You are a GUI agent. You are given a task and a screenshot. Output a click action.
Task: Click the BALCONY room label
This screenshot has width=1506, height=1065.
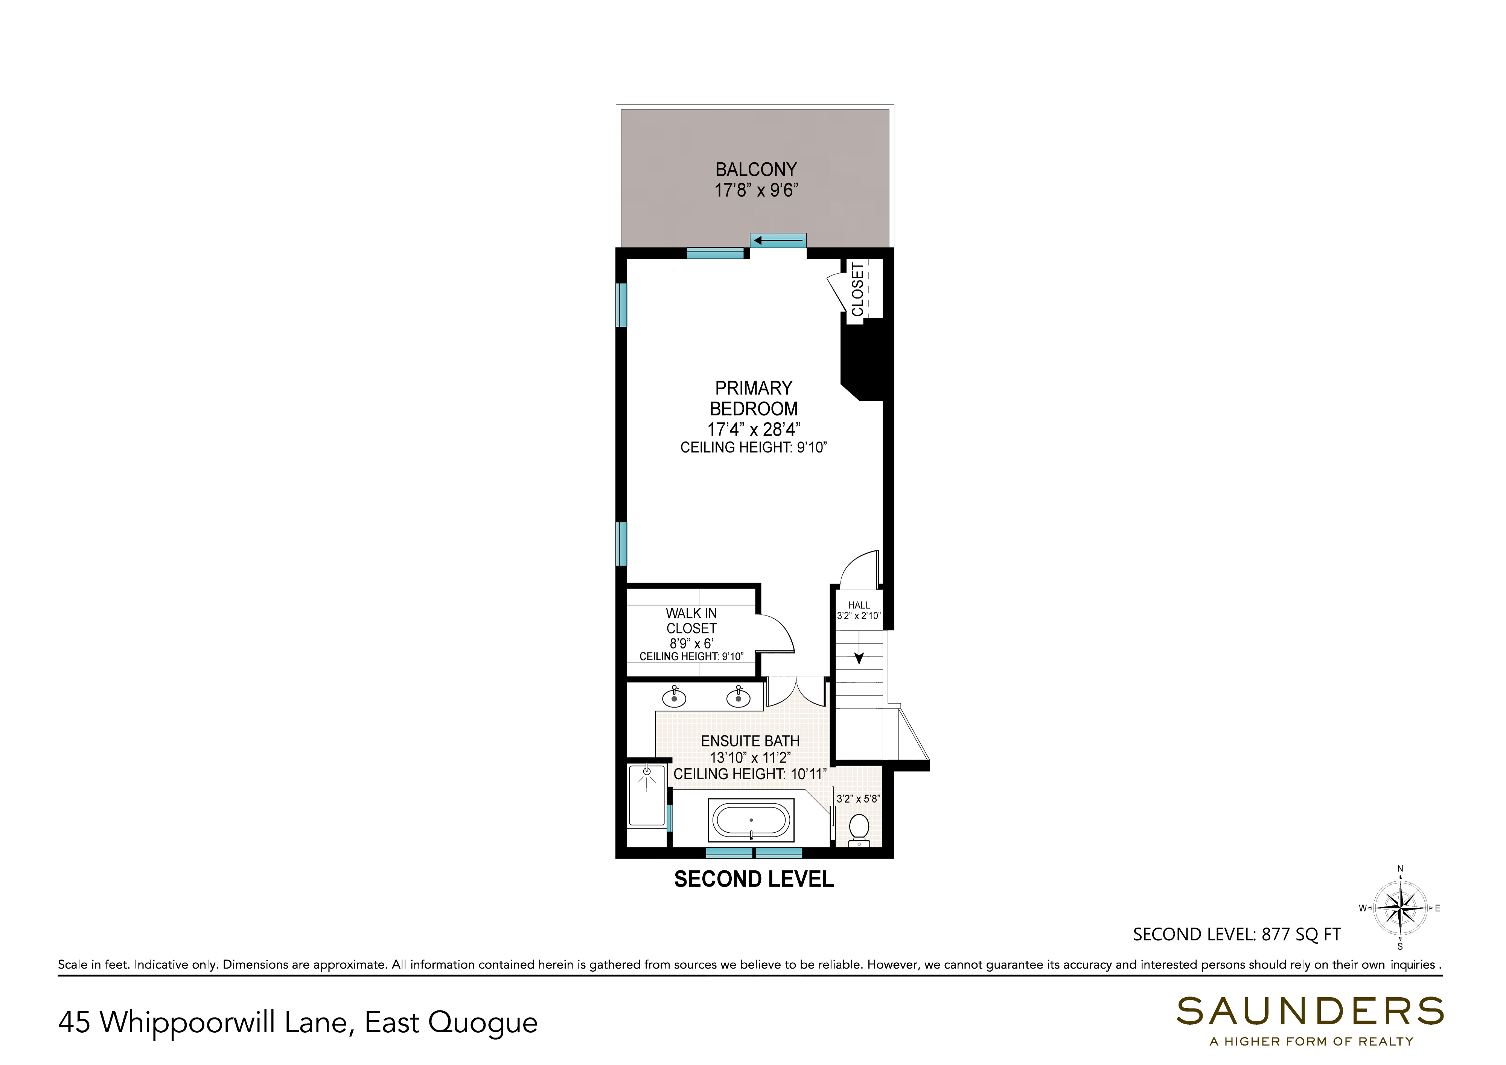pos(755,170)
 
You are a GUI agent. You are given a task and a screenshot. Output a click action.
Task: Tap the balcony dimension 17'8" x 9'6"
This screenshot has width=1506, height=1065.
pos(755,190)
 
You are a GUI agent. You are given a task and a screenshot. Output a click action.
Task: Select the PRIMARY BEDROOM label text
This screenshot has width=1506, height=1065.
pos(754,398)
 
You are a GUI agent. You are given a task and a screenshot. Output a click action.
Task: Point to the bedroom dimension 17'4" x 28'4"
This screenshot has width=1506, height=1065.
pos(754,429)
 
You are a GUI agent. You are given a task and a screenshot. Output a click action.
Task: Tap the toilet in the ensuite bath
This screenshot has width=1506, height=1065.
pos(859,829)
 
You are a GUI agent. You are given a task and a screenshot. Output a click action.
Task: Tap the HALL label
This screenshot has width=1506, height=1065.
pos(859,605)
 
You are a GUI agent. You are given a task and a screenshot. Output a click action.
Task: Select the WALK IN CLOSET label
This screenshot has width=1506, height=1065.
pos(691,621)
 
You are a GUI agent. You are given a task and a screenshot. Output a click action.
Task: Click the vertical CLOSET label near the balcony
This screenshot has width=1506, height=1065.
pos(858,289)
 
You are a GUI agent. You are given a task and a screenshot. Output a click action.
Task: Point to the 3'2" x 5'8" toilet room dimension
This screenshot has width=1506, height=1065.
pos(858,798)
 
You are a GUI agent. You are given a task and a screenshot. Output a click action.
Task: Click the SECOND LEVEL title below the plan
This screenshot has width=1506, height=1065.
pos(754,879)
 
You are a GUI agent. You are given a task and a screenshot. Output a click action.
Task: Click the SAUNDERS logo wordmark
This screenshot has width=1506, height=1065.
pos(1310,1011)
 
